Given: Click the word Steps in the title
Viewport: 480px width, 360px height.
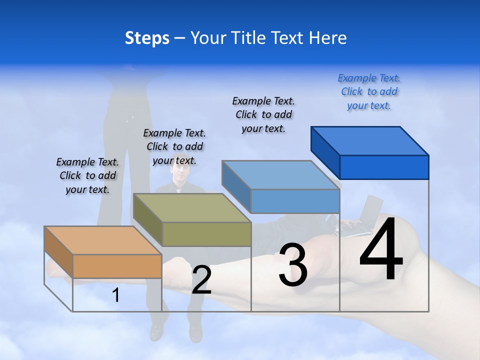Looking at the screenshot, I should click(x=147, y=38).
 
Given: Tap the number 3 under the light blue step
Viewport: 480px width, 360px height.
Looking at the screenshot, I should click(x=293, y=265).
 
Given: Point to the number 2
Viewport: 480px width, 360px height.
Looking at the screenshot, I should click(x=201, y=280).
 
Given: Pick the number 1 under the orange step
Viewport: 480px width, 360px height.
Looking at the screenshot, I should click(x=116, y=295).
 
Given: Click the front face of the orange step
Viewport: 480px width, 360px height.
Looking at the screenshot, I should click(x=117, y=266).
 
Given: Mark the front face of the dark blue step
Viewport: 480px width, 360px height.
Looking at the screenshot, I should click(x=384, y=167).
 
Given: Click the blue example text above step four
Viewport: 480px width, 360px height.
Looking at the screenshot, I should click(x=369, y=92).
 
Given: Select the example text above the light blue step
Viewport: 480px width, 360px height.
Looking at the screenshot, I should click(x=263, y=114).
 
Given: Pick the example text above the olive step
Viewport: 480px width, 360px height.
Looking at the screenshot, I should click(x=174, y=146).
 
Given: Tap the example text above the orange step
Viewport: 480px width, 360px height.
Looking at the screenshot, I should click(x=87, y=175).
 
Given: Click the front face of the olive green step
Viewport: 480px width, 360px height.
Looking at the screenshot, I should click(x=206, y=234).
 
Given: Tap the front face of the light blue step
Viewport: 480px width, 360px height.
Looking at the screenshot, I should click(x=295, y=201).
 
